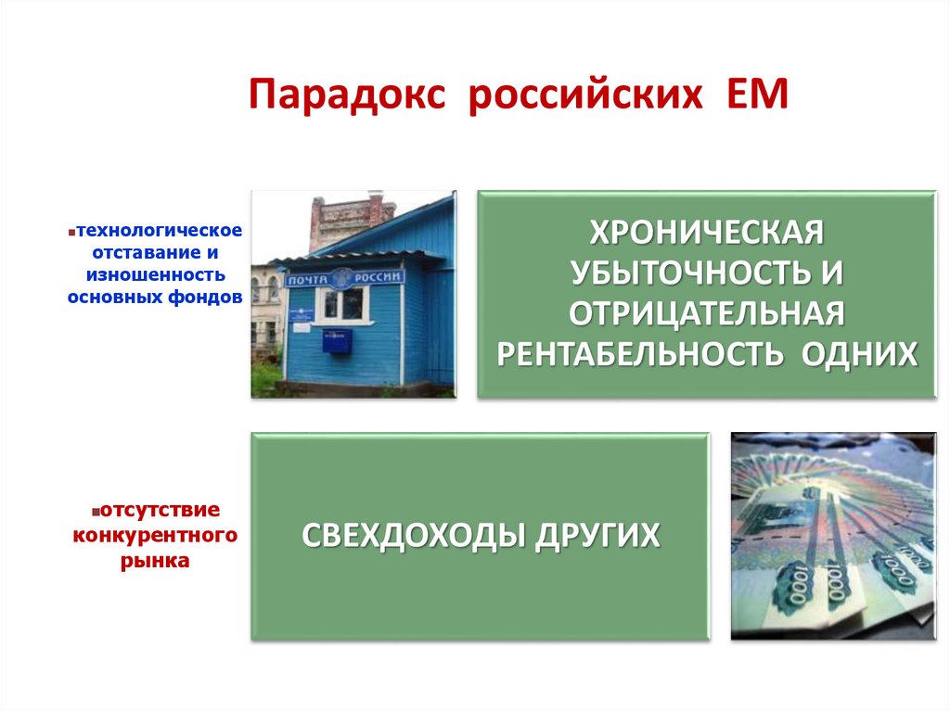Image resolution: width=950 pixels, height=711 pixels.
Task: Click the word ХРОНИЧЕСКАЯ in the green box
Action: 706,233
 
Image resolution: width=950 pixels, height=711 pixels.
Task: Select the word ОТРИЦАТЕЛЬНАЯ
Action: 706,313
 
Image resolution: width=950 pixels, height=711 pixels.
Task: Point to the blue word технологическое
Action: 160,230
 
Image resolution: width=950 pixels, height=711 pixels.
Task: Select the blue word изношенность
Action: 156,274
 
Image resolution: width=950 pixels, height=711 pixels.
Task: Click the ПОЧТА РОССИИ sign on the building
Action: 346,277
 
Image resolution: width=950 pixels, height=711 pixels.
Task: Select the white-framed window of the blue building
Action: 340,303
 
